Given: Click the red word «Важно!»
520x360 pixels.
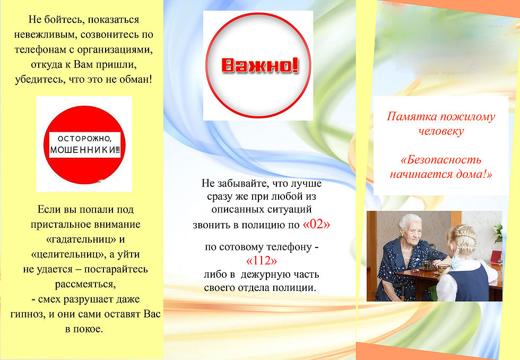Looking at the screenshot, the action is pyautogui.click(x=260, y=65).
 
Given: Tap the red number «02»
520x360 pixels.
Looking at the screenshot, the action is pyautogui.click(x=316, y=224).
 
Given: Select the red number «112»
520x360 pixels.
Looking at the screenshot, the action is pyautogui.click(x=261, y=261).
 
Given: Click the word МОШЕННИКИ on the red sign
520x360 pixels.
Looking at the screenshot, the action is pyautogui.click(x=84, y=150).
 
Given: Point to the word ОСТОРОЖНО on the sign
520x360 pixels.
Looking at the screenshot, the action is pyautogui.click(x=84, y=139).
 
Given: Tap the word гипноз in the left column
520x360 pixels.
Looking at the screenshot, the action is pyautogui.click(x=28, y=314).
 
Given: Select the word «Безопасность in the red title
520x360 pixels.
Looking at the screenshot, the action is pyautogui.click(x=441, y=160).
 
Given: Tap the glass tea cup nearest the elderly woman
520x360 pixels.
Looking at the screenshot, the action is pyautogui.click(x=427, y=265).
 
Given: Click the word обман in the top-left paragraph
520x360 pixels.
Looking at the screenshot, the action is pyautogui.click(x=134, y=79).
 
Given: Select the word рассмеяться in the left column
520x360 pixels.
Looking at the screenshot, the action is pyautogui.click(x=85, y=285).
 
